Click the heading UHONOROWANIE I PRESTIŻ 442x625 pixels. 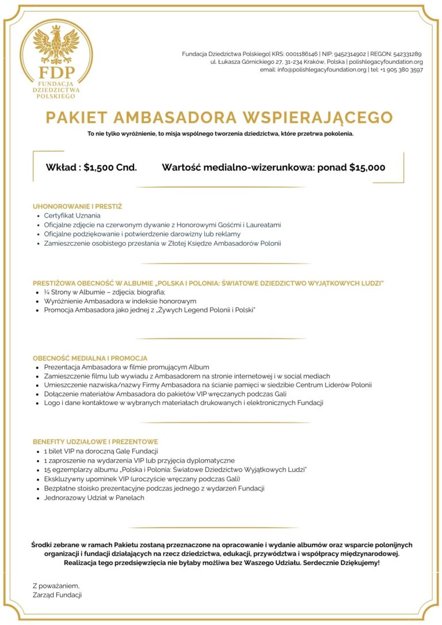pyautogui.click(x=78, y=206)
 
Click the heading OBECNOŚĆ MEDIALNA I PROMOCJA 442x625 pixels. pyautogui.click(x=90, y=358)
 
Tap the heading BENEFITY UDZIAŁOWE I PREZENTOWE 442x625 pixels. pyautogui.click(x=95, y=441)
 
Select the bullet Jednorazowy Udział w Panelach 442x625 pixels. pyautogui.click(x=94, y=498)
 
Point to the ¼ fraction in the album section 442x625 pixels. pyautogui.click(x=47, y=292)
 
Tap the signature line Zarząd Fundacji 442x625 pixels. pyautogui.click(x=57, y=594)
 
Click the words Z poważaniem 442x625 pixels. pyautogui.click(x=56, y=585)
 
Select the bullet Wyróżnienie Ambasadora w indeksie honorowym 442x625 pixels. pyautogui.click(x=120, y=301)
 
